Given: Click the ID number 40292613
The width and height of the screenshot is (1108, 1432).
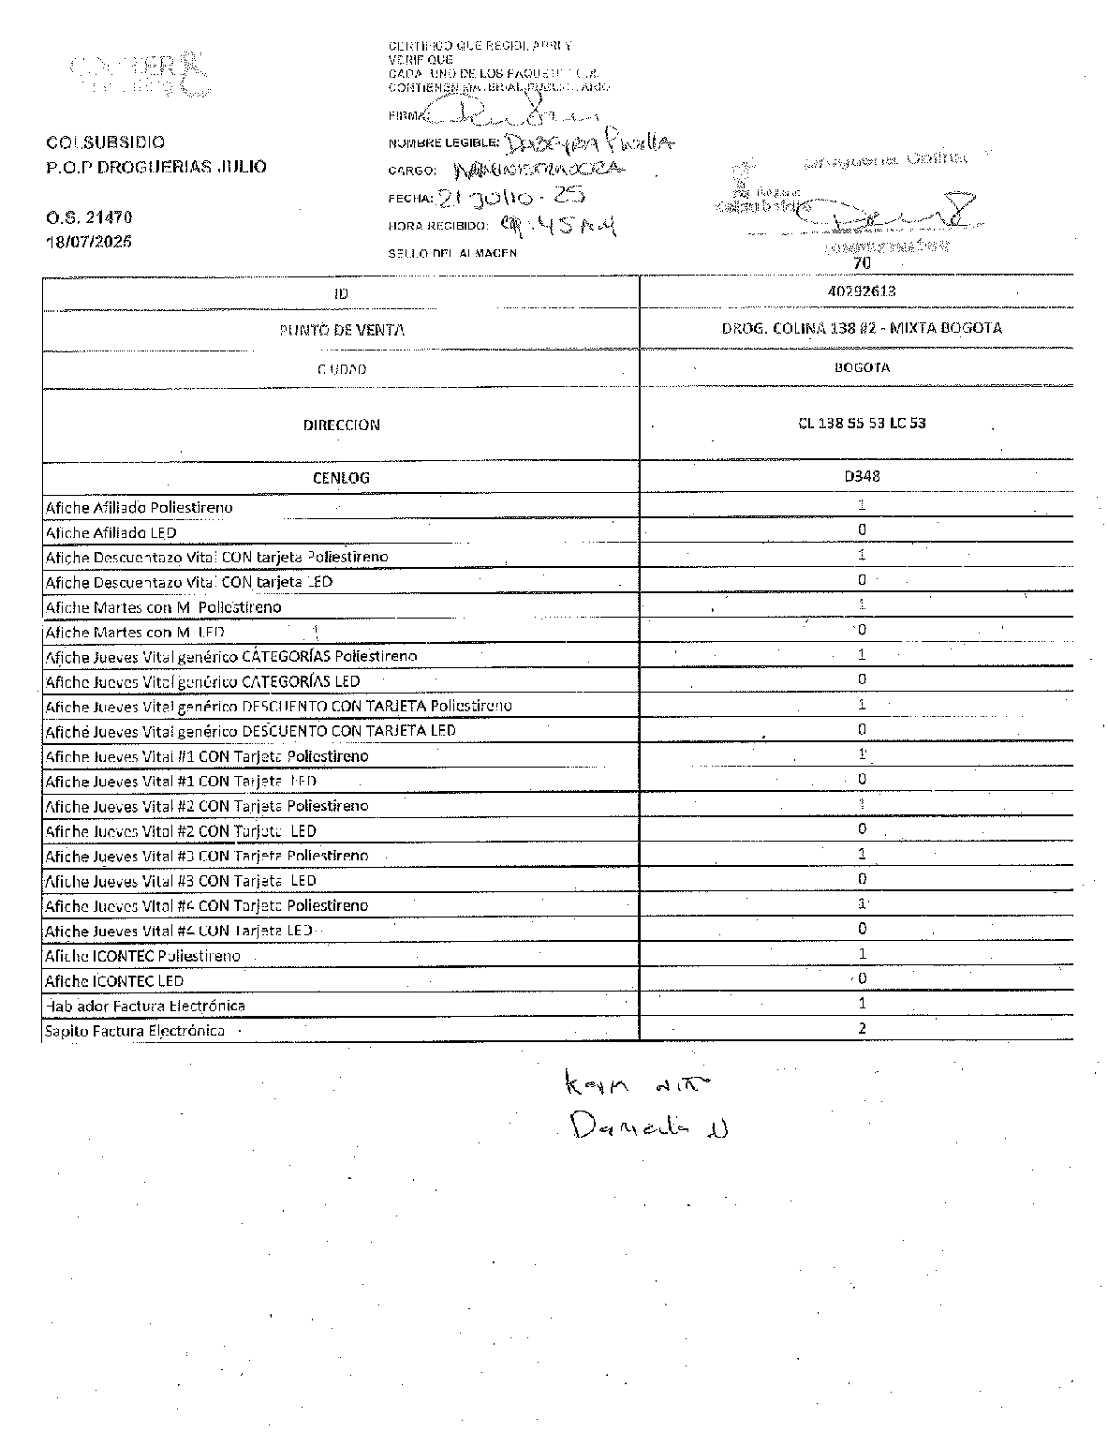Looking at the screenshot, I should point(862,291).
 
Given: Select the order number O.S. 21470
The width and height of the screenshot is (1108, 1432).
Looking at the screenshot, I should point(89,216).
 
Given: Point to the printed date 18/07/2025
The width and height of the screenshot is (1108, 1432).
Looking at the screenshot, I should point(89,241).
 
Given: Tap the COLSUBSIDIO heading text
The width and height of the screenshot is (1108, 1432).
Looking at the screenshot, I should point(105,142).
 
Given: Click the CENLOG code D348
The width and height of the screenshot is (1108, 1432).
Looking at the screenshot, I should point(862,476).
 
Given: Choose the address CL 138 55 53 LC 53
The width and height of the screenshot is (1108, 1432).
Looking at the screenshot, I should point(862,423).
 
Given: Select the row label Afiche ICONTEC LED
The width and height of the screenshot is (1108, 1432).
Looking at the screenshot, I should point(114,981).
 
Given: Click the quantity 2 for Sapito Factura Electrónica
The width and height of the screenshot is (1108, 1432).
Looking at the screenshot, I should point(862,1028).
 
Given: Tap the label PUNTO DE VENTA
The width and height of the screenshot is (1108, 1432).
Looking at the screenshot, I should point(342,330).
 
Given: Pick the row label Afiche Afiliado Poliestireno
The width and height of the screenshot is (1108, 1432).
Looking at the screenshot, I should point(139,508).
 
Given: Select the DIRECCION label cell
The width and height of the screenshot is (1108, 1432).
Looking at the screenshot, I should point(341,425).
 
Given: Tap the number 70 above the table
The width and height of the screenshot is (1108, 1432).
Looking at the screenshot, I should point(863,264).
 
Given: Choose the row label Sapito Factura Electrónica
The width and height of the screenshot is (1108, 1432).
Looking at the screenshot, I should point(135,1031).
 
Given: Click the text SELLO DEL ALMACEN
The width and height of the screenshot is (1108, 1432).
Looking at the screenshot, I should point(452,253).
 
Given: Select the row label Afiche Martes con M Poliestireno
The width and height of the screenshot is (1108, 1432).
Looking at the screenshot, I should point(163,607).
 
